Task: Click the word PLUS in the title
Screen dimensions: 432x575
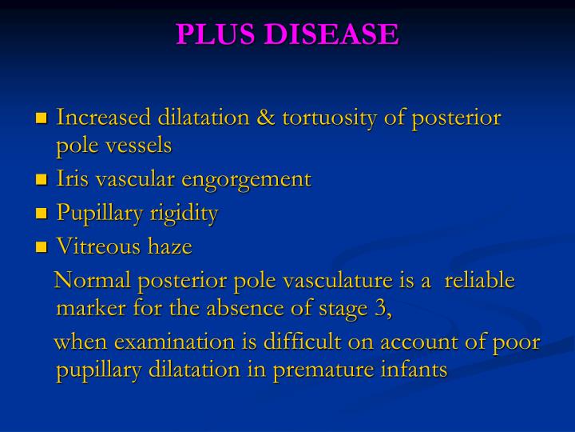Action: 210,34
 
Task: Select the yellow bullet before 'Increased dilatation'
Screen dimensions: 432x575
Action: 42,119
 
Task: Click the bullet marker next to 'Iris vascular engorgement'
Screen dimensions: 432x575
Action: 42,180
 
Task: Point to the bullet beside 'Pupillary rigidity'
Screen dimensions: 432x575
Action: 42,214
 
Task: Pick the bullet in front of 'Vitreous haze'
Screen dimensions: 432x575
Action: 42,248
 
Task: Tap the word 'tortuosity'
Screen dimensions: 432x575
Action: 328,118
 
